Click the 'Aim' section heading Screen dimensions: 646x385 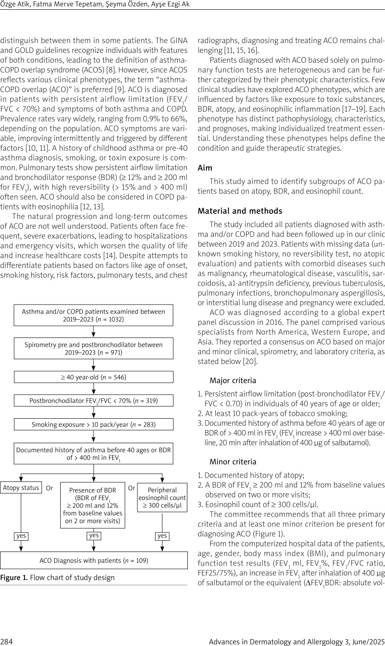[205, 167]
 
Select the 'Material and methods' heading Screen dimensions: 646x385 [234, 211]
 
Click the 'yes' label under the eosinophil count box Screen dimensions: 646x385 [162, 536]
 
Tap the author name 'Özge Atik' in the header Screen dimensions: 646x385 [15, 4]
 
